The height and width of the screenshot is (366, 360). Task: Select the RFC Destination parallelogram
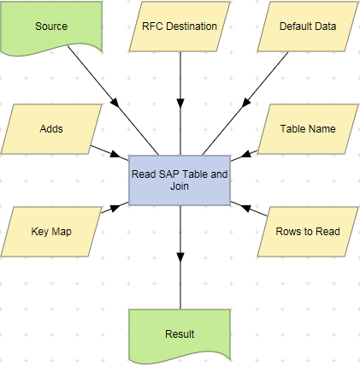pyautogui.click(x=180, y=26)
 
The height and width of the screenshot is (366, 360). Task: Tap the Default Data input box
pyautogui.click(x=308, y=26)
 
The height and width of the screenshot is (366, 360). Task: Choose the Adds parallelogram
pyautogui.click(x=51, y=129)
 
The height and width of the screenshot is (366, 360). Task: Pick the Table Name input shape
pyautogui.click(x=308, y=129)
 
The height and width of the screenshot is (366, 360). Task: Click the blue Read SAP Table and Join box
pyautogui.click(x=180, y=180)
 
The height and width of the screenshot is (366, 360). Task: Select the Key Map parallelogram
pyautogui.click(x=51, y=232)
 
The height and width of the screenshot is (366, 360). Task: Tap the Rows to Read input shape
pyautogui.click(x=308, y=232)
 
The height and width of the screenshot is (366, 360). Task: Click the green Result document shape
pyautogui.click(x=180, y=334)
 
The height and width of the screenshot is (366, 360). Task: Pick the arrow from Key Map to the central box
pyautogui.click(x=109, y=210)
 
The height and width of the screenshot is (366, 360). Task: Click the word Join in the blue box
pyautogui.click(x=180, y=186)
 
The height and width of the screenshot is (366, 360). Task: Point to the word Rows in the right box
pyautogui.click(x=288, y=232)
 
